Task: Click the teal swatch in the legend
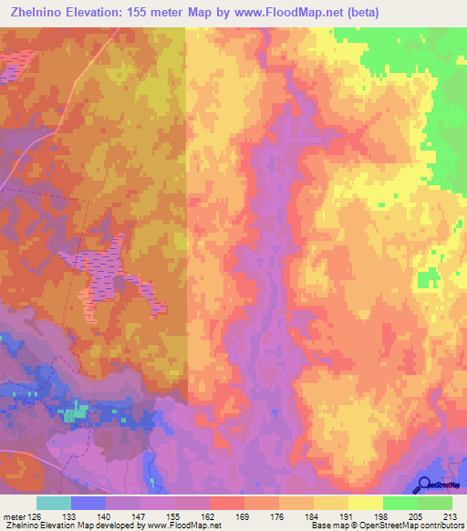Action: (54, 503)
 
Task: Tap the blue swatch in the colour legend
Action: (88, 503)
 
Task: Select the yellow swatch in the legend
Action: (365, 503)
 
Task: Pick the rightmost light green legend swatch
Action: (434, 503)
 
